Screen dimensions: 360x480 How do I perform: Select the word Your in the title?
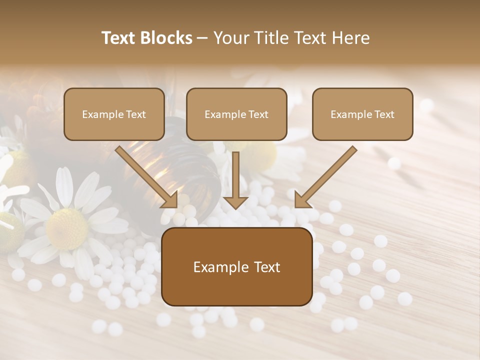coord(229,38)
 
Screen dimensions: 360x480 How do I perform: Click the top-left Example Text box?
coord(114,114)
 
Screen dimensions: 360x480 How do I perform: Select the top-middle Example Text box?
coord(236,114)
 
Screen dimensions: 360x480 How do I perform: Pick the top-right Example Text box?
coord(362,114)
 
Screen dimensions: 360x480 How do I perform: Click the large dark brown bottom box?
coord(236,266)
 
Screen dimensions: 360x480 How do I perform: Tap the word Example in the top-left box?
coord(100,114)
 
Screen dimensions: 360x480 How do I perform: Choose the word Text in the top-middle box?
coord(258,114)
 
